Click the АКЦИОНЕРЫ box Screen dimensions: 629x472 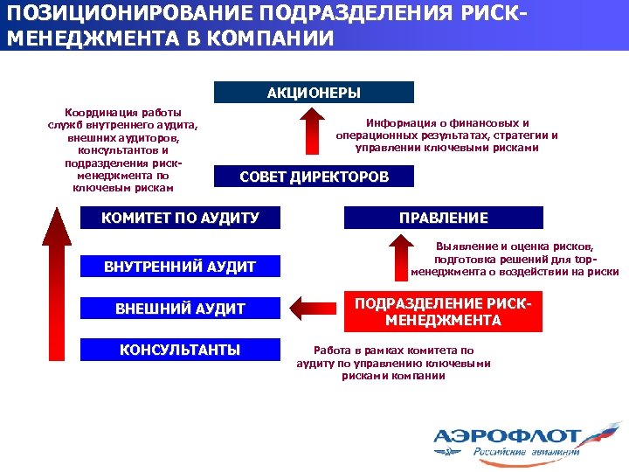point(314,93)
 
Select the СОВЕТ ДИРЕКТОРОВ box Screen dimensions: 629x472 point(314,177)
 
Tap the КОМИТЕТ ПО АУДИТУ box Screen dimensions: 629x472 point(181,218)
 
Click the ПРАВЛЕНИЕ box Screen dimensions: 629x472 point(444,218)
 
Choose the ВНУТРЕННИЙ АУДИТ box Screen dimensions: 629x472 point(181,267)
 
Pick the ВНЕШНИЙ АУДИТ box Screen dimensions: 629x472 point(181,309)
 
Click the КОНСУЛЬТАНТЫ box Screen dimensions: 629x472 point(181,350)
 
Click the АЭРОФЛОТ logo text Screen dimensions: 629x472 point(507,434)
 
